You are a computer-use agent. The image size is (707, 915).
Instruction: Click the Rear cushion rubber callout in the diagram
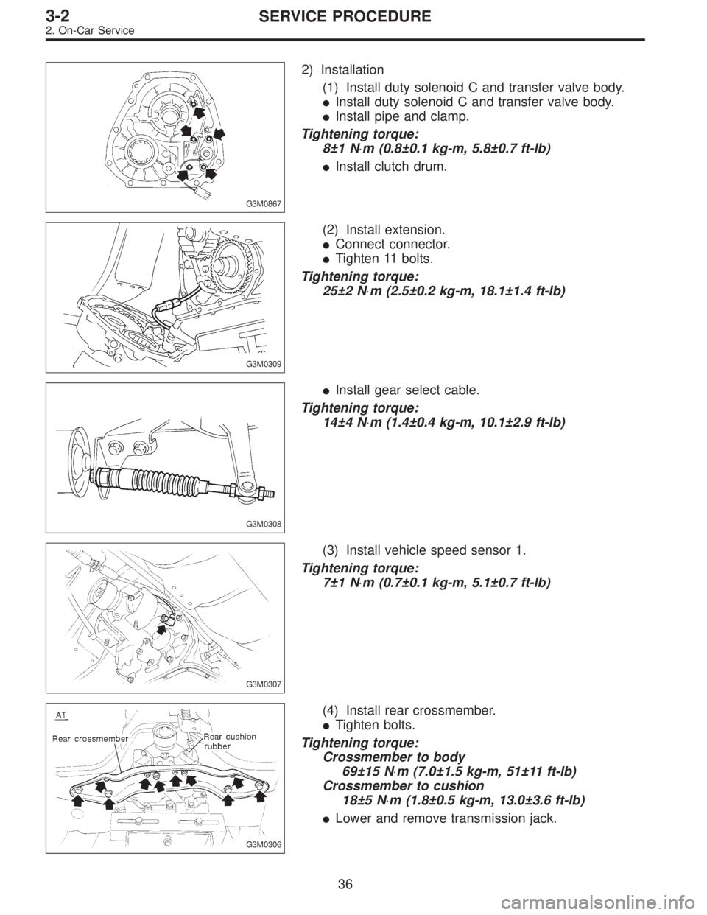(224, 740)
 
